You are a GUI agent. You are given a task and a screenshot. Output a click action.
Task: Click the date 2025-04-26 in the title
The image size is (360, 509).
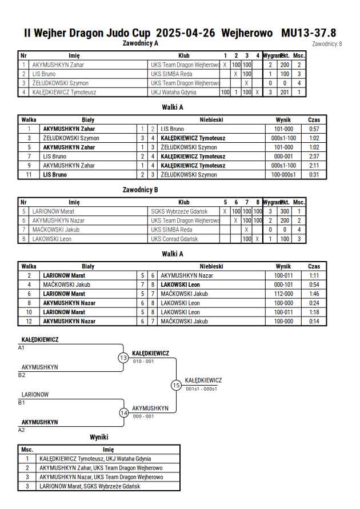click(x=185, y=33)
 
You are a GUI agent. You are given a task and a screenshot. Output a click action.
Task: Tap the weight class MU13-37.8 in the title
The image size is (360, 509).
click(x=309, y=33)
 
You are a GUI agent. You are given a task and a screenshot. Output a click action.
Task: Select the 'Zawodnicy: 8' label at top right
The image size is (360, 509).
click(x=327, y=44)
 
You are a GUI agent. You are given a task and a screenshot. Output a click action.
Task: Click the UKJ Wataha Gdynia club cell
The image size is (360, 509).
click(x=173, y=92)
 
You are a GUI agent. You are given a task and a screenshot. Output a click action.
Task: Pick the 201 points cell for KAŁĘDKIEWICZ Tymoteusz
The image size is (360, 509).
click(x=285, y=92)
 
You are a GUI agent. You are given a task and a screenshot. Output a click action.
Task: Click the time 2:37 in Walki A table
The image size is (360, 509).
click(x=314, y=157)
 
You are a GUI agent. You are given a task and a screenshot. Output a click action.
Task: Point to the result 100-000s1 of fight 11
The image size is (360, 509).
click(x=283, y=175)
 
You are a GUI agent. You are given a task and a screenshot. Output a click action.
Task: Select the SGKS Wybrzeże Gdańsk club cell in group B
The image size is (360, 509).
click(x=179, y=211)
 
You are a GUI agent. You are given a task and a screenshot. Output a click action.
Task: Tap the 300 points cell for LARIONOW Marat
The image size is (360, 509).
click(x=285, y=211)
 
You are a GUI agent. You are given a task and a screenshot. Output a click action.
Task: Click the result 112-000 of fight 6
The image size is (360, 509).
click(x=283, y=294)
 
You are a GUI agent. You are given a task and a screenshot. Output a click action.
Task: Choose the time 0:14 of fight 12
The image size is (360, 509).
click(x=314, y=322)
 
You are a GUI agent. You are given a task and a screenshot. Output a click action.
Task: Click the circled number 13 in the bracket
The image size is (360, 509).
click(x=123, y=358)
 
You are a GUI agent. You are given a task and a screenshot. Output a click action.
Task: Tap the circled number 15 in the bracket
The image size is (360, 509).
click(x=176, y=386)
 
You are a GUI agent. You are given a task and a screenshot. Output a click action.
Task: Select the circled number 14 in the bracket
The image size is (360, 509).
click(x=123, y=413)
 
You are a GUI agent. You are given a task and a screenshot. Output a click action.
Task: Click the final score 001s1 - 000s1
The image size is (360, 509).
click(x=201, y=389)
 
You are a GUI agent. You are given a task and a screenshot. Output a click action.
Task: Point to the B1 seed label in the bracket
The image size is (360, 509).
click(x=21, y=403)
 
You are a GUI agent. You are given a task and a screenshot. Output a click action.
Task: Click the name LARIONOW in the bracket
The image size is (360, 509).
click(x=35, y=395)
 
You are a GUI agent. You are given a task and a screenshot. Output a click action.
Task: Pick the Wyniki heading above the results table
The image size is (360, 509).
click(x=99, y=437)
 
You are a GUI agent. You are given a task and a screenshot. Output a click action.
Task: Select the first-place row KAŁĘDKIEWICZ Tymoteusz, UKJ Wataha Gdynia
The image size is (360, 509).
click(x=95, y=459)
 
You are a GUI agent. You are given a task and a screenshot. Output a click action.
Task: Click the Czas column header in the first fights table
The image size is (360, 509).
click(x=314, y=120)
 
